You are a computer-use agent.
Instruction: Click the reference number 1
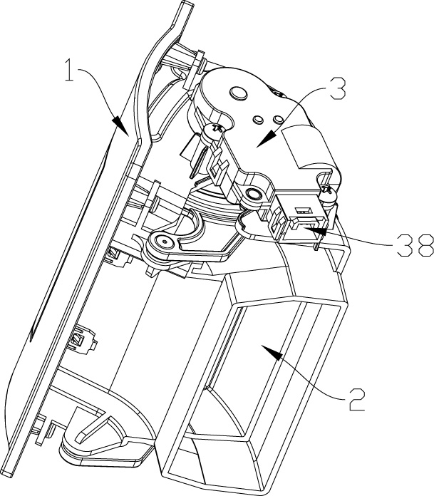click(70, 70)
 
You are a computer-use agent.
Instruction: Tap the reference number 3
click(336, 88)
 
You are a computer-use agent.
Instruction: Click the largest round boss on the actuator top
click(239, 93)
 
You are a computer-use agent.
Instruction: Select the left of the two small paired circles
click(258, 119)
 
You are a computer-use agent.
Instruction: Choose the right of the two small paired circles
click(279, 119)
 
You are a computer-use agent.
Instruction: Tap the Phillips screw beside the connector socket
click(328, 192)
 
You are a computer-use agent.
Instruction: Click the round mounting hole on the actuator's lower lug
click(254, 192)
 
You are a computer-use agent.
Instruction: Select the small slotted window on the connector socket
click(302, 210)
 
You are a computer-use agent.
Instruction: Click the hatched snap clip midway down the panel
click(80, 340)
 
